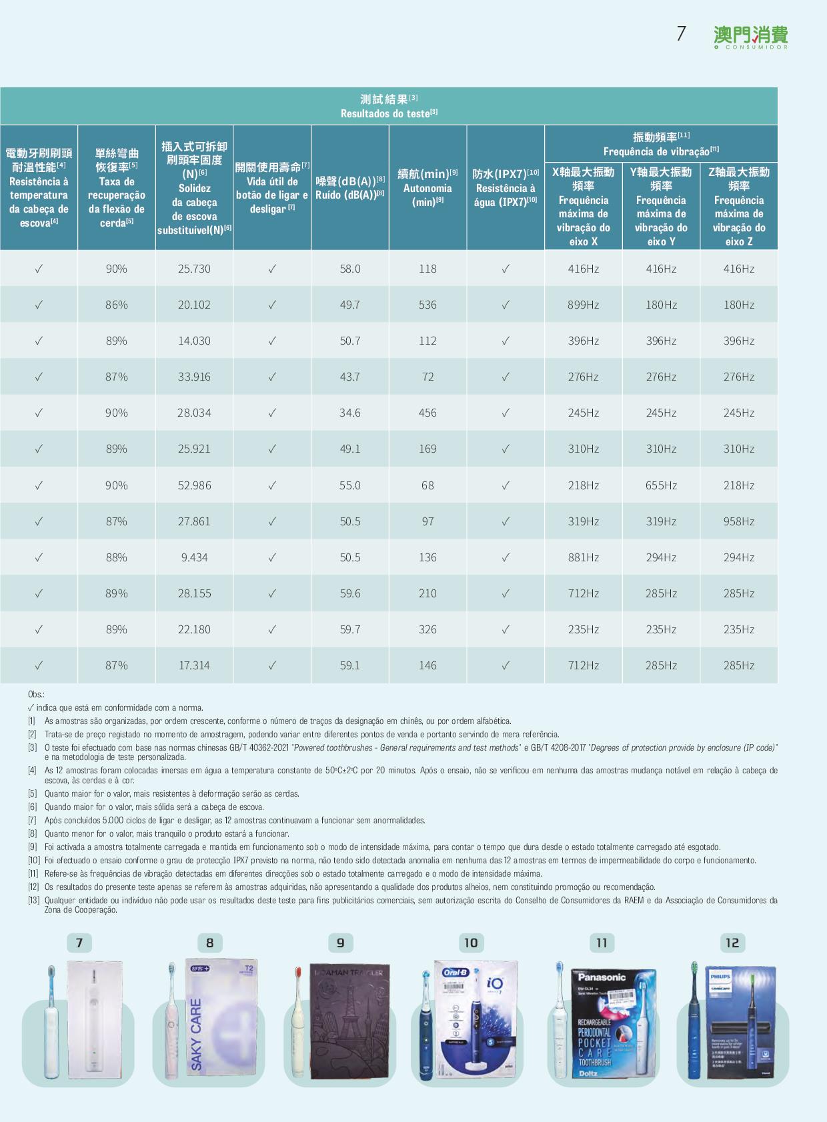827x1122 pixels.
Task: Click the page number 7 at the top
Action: tap(681, 34)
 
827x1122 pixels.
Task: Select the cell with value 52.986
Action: tap(194, 485)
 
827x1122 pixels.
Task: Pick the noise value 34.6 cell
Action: tap(350, 413)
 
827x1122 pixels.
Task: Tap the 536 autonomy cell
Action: tap(428, 305)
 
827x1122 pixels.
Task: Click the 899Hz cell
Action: tap(584, 305)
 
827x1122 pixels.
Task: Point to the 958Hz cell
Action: tap(739, 521)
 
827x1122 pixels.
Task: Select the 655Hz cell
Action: tap(661, 485)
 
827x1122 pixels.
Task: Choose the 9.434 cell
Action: tap(194, 557)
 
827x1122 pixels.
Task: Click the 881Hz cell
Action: tap(584, 557)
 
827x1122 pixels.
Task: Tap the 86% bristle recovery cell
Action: tap(116, 305)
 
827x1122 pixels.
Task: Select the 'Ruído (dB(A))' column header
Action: tap(350, 187)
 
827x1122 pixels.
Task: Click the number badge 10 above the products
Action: tap(471, 943)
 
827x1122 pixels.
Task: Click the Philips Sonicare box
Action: tap(740, 1022)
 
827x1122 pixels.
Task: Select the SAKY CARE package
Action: tap(220, 1020)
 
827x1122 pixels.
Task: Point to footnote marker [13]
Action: tap(33, 901)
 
